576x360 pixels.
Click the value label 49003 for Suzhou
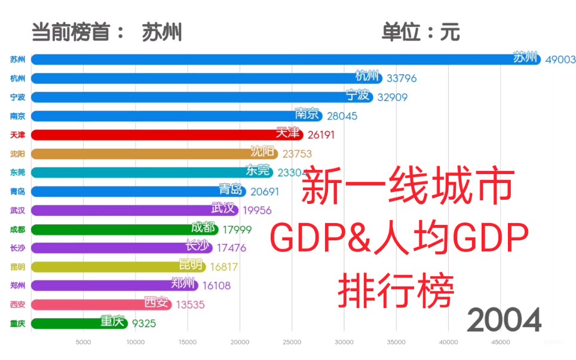(x=560, y=60)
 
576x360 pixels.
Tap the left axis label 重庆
(x=17, y=324)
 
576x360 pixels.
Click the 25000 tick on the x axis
(x=292, y=343)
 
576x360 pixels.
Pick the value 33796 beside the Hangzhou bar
(x=401, y=78)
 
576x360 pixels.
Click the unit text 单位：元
(x=421, y=32)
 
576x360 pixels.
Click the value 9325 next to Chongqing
(x=144, y=324)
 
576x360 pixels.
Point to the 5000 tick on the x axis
(x=83, y=343)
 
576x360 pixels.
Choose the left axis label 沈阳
(x=17, y=154)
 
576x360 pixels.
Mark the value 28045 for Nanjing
(x=342, y=116)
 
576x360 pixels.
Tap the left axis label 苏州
(x=17, y=60)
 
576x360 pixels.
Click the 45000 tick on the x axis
(x=500, y=343)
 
